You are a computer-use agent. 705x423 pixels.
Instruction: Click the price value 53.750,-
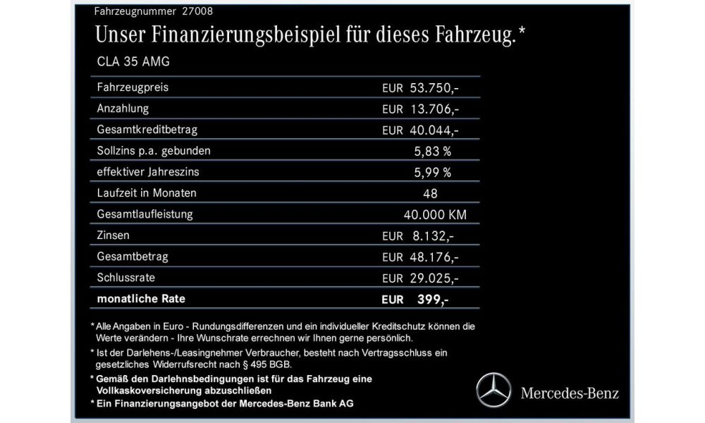point(434,88)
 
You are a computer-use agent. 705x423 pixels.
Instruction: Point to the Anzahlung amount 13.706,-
point(434,109)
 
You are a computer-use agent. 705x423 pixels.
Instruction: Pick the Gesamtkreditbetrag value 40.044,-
point(434,130)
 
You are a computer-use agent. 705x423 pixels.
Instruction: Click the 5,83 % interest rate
point(433,151)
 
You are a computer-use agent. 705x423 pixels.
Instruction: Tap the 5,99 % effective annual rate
point(433,172)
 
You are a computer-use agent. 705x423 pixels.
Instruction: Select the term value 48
point(430,192)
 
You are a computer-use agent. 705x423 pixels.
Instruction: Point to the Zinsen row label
point(113,234)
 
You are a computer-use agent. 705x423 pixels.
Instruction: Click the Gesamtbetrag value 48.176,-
point(434,257)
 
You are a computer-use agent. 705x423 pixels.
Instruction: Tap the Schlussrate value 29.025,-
point(434,278)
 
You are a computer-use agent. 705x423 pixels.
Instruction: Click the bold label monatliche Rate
point(142,298)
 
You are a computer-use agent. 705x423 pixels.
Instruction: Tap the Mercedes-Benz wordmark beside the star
point(569,393)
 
